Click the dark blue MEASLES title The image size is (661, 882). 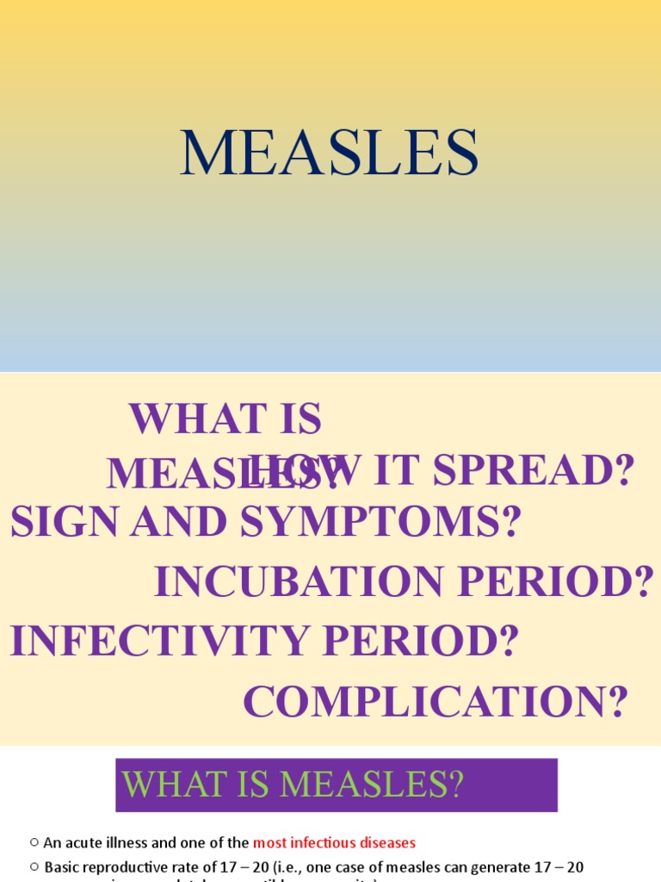[330, 154]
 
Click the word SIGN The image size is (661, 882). [60, 522]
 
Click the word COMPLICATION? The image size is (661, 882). [436, 701]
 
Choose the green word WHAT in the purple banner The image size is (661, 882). [170, 785]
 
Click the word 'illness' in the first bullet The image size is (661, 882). [126, 843]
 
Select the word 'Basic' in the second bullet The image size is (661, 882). [60, 867]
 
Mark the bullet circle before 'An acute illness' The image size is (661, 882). [34, 843]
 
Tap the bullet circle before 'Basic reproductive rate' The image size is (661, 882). [34, 866]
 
